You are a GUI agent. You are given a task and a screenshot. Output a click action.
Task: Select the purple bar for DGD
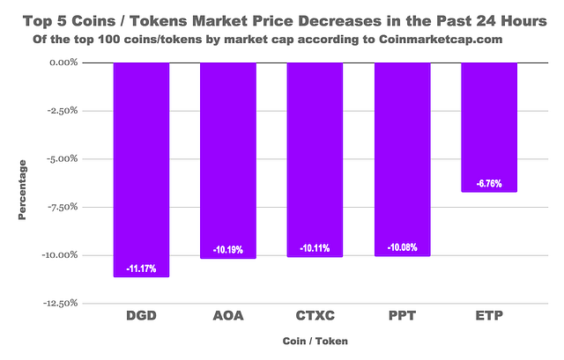[141, 167]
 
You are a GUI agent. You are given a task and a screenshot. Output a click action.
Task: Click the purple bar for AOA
[228, 158]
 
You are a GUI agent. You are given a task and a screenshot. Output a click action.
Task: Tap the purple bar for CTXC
[315, 158]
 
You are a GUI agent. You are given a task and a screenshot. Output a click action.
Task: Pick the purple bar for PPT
[402, 158]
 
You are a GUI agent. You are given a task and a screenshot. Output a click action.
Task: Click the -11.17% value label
[141, 268]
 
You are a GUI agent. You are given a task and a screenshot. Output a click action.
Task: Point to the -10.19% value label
[228, 249]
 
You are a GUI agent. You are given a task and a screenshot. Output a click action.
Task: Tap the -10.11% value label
[315, 248]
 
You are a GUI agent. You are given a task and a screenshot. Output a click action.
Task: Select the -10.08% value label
[402, 247]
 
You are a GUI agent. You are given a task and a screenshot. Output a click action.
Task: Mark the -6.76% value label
[489, 184]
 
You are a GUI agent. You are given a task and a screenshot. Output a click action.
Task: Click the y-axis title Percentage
[23, 190]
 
